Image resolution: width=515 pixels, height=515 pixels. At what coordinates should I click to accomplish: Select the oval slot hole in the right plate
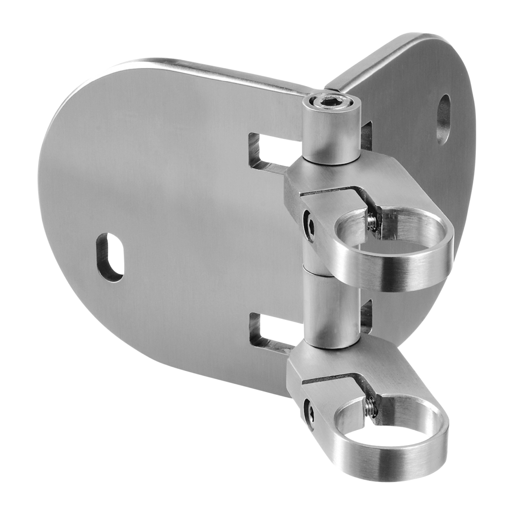coord(443,119)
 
